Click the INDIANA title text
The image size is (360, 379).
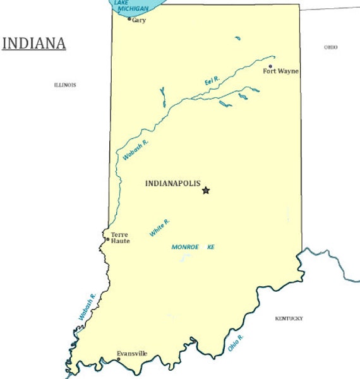(34, 44)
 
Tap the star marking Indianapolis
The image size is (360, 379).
(205, 190)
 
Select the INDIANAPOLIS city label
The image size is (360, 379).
(172, 183)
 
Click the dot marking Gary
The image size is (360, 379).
(129, 19)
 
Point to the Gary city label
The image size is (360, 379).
(139, 20)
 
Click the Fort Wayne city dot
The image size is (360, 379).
(270, 66)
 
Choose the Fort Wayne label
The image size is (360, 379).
(280, 71)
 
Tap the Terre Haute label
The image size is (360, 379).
(119, 238)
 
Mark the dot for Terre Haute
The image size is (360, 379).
(107, 239)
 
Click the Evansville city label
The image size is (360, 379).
(132, 354)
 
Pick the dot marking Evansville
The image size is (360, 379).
(118, 359)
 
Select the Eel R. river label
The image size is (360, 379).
(212, 81)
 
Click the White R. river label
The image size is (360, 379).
(159, 228)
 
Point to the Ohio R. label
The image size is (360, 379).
(236, 342)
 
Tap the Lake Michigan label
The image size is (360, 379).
(131, 6)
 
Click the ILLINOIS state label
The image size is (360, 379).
(65, 85)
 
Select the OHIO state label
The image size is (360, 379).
(330, 47)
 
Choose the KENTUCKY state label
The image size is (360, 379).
(289, 318)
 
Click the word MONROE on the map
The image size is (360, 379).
(185, 247)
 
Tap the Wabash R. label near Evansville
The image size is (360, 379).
(87, 307)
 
